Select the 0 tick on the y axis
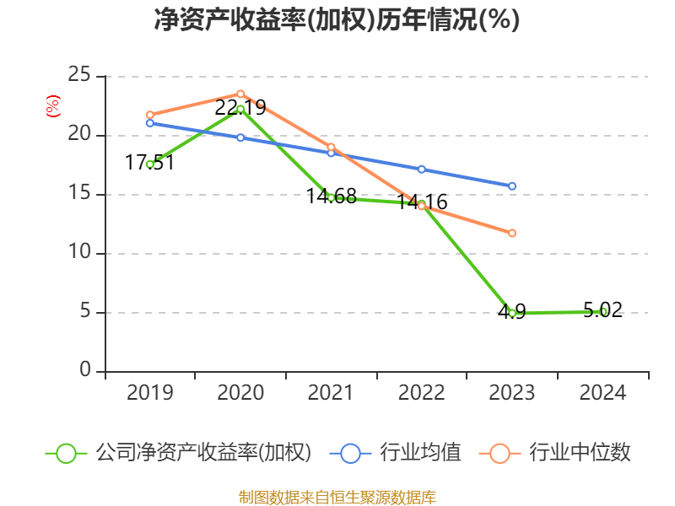86,371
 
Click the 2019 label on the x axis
149,393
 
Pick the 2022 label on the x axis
421,393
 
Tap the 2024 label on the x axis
602,393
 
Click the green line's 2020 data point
240,109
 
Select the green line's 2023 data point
512,313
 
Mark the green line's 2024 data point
602,311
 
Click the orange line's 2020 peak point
240,94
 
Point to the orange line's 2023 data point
512,233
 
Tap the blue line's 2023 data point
512,186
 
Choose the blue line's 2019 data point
149,123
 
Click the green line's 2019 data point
149,164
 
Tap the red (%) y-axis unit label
53,107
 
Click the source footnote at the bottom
337,497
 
